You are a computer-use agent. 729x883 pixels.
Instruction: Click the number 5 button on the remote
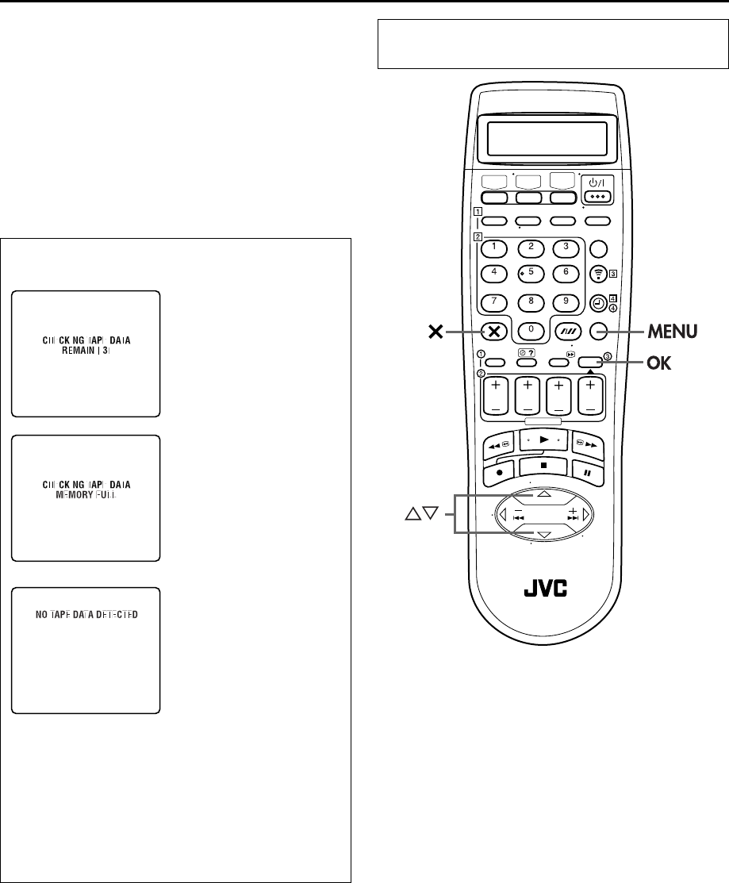[x=531, y=274]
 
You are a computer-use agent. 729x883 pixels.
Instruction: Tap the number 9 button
[x=566, y=302]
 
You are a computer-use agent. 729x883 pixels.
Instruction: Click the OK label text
[x=658, y=363]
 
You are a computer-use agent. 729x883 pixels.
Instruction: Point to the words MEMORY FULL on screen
[x=86, y=494]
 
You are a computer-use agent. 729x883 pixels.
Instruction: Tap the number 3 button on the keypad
[x=566, y=247]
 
